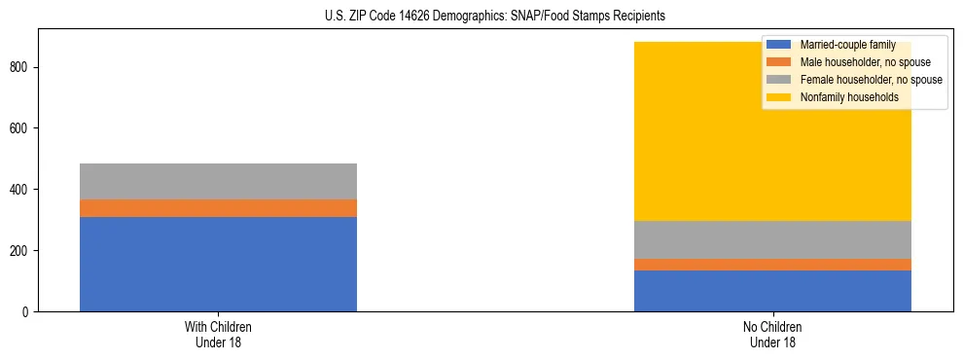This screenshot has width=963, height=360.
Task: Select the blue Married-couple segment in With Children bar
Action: [x=218, y=264]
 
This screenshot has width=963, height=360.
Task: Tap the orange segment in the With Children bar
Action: [x=218, y=208]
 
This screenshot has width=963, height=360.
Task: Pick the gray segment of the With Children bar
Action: [x=218, y=181]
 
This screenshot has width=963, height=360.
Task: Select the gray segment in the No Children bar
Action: [x=772, y=239]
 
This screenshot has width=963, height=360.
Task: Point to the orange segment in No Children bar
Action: [x=772, y=265]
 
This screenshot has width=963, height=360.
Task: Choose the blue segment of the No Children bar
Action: [x=772, y=291]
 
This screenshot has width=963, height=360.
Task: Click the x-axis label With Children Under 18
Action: [x=218, y=334]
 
